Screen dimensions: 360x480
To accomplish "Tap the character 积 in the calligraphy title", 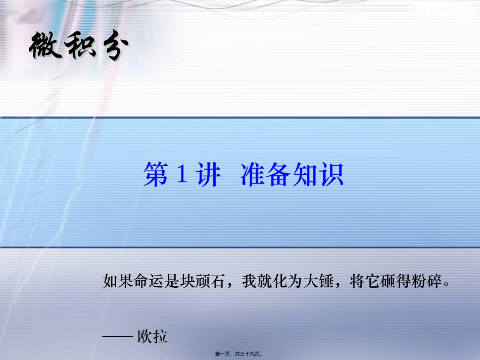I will tap(77, 48).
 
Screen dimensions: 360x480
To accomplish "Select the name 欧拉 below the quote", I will tap(152, 336).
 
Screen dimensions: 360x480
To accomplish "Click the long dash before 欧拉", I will tap(117, 336).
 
